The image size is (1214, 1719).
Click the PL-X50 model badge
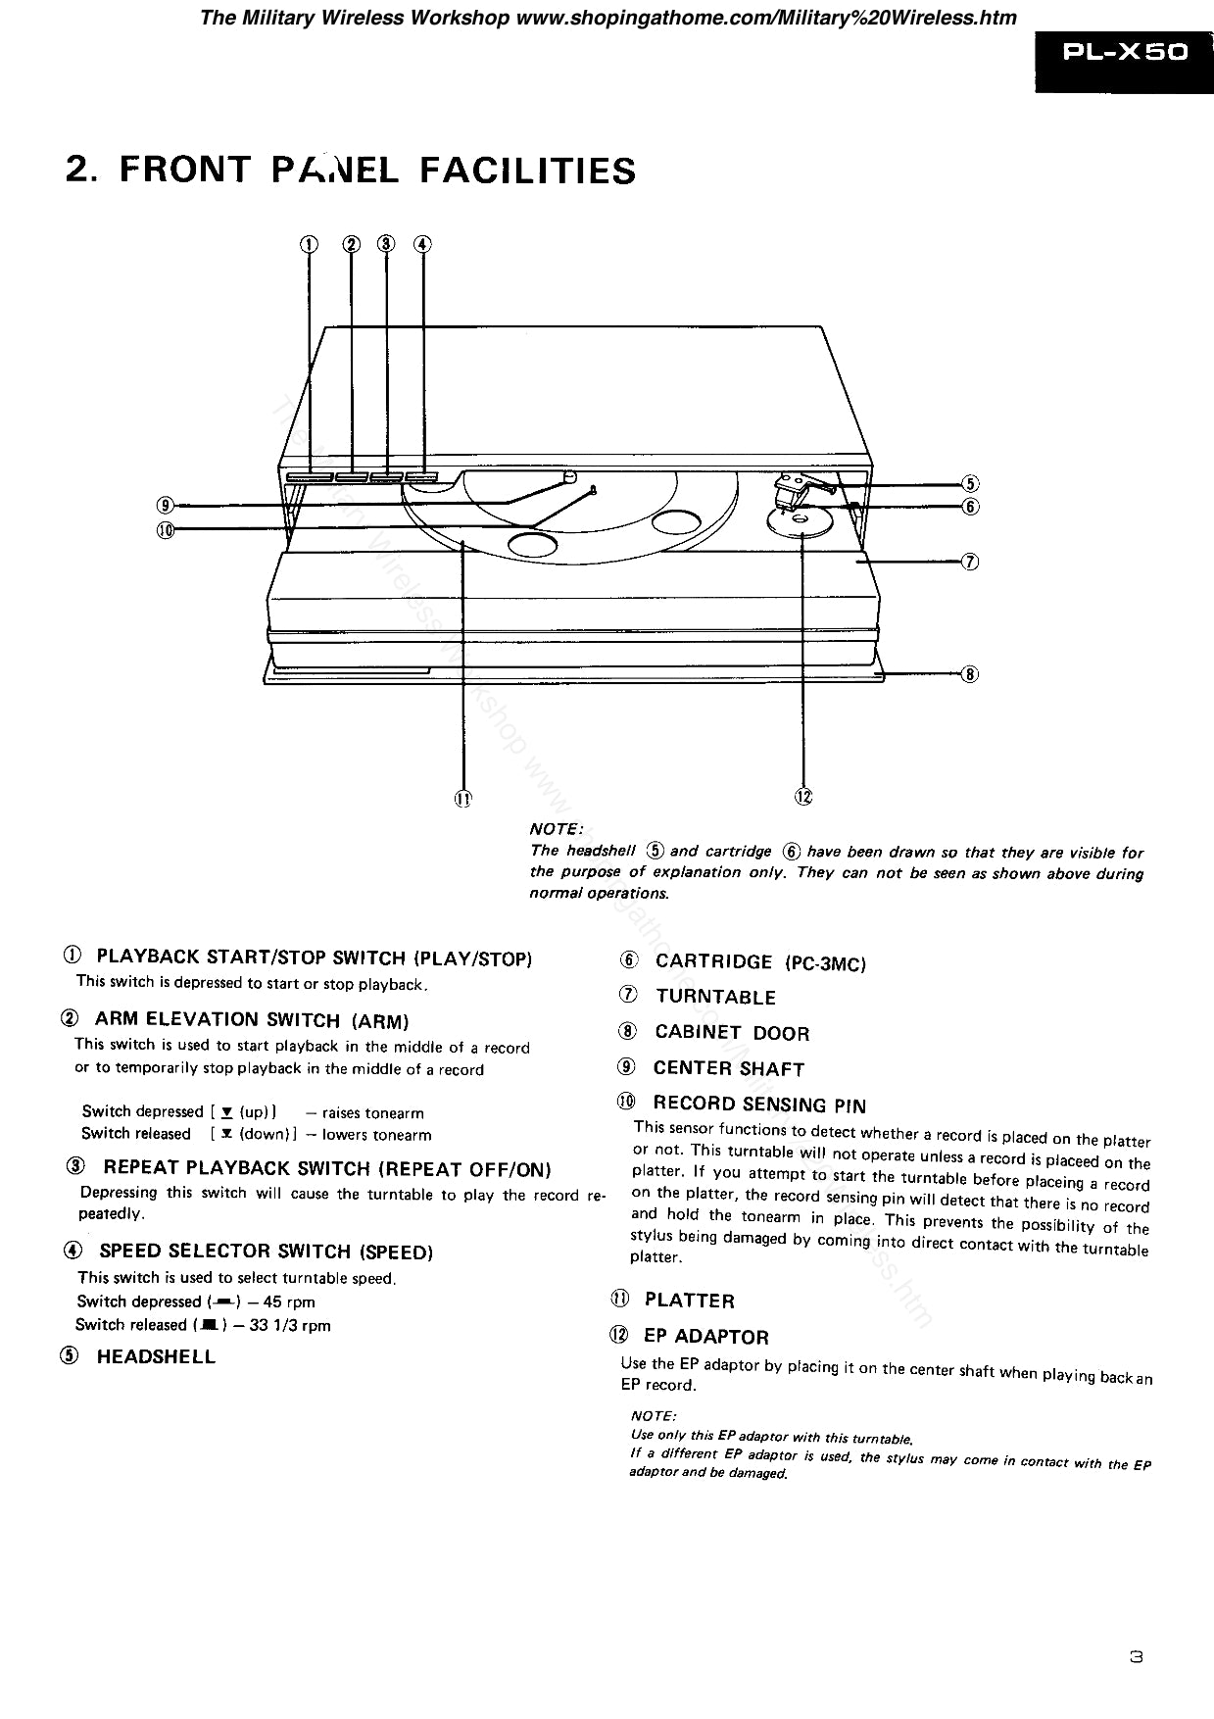(1125, 52)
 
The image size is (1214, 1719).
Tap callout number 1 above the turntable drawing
(309, 244)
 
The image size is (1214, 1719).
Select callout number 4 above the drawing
(422, 244)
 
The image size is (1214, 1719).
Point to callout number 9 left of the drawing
(166, 505)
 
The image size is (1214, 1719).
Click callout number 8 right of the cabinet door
(970, 673)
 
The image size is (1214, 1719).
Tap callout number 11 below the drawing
(462, 798)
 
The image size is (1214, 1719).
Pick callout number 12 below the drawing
(803, 796)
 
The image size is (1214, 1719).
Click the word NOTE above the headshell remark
(556, 830)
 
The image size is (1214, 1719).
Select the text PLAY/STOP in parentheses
(474, 958)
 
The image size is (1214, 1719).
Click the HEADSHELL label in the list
(156, 1357)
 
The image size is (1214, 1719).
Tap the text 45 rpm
(289, 1302)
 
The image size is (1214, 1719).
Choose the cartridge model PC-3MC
(825, 964)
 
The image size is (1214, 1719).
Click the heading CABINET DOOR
(732, 1033)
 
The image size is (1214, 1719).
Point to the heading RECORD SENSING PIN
(759, 1105)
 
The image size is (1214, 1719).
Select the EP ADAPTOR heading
(705, 1337)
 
